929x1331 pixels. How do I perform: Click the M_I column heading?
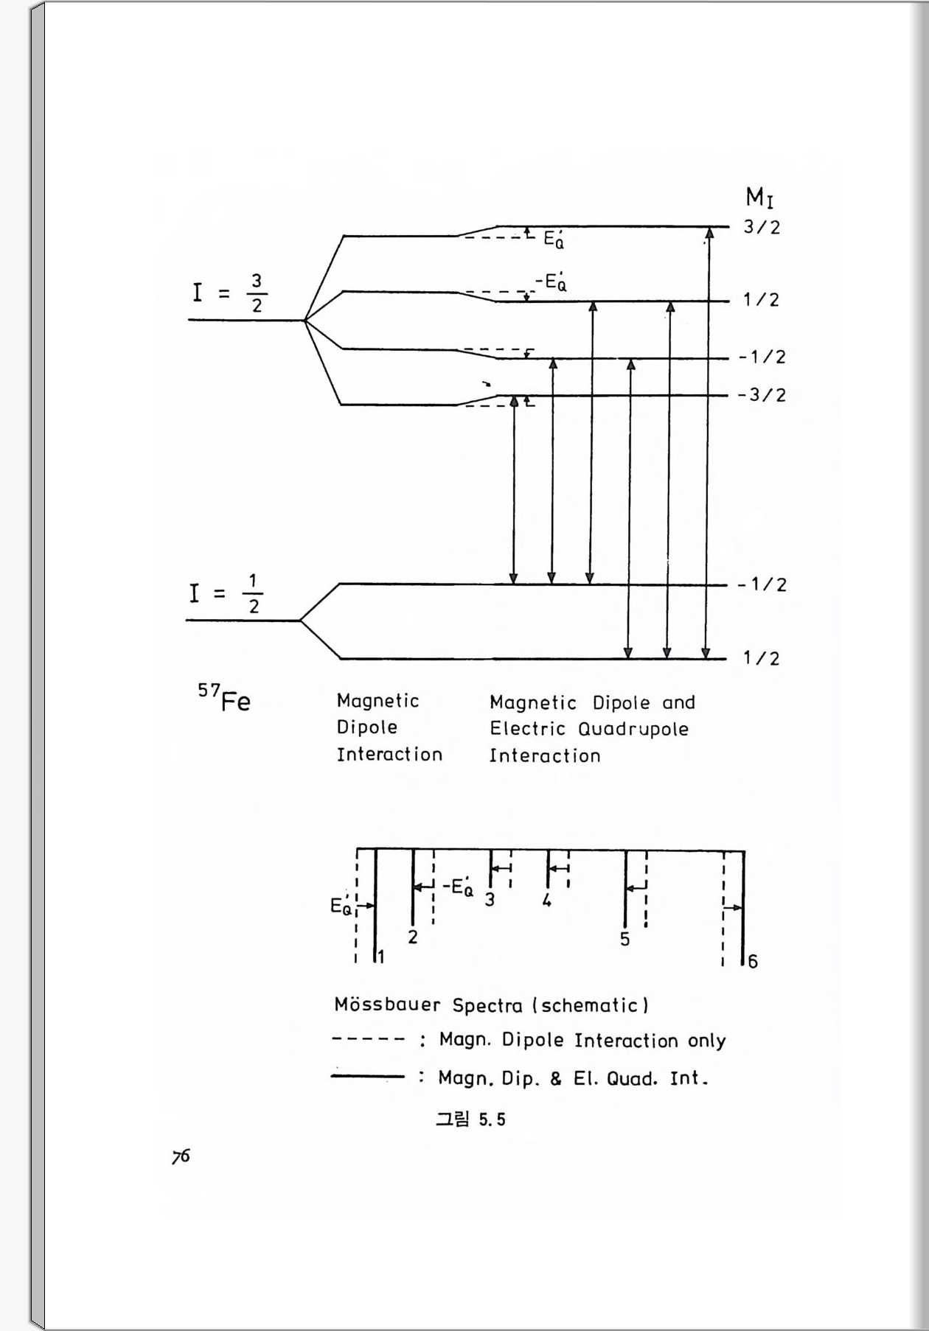(759, 198)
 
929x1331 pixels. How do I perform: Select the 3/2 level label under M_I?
(762, 227)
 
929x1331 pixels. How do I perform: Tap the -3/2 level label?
(762, 395)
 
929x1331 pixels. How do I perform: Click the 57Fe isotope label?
(224, 698)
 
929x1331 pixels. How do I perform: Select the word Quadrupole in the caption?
(633, 730)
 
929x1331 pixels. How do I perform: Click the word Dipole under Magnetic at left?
(367, 727)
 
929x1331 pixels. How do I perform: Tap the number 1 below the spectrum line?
(381, 957)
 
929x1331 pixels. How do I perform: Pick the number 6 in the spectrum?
(753, 961)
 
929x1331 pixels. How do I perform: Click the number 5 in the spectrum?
(625, 940)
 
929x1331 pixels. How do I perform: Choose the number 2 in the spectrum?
(413, 937)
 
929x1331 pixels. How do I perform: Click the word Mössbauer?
(387, 1005)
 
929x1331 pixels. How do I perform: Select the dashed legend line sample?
(368, 1040)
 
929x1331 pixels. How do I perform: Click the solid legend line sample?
(368, 1077)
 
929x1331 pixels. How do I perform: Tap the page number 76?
(181, 1156)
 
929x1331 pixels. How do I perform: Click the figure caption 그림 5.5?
(470, 1119)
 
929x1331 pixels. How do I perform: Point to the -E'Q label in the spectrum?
(458, 887)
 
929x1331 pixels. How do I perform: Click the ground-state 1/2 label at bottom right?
(762, 658)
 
